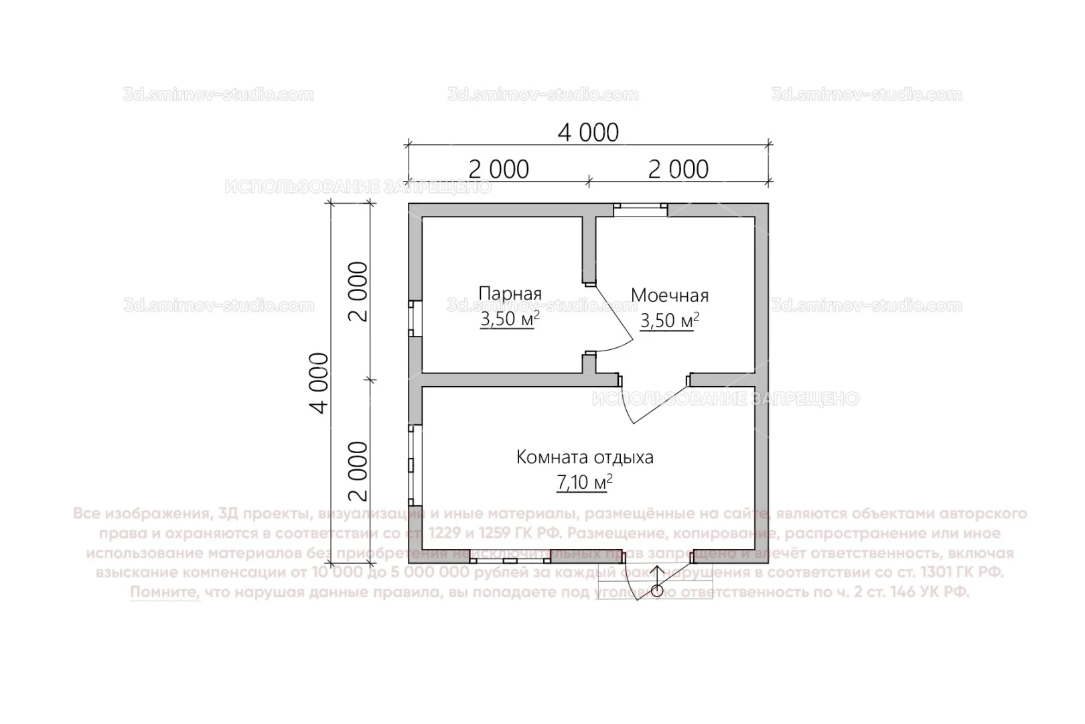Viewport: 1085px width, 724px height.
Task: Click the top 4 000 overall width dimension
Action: [588, 133]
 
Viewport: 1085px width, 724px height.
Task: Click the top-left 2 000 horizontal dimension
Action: [498, 169]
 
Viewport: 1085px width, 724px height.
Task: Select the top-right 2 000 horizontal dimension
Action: [678, 169]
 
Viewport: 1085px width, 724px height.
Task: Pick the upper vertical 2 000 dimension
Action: [360, 291]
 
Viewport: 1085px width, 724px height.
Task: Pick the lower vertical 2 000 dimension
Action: [360, 471]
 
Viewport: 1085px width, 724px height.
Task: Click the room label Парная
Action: [510, 294]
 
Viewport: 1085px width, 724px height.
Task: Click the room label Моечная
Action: [669, 295]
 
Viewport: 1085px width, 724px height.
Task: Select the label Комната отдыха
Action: [585, 457]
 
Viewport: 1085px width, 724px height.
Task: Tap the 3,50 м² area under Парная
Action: [510, 320]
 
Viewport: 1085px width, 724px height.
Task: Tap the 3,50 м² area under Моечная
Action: [669, 321]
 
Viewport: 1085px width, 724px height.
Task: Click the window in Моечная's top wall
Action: [641, 210]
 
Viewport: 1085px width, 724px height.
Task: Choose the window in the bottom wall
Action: [510, 557]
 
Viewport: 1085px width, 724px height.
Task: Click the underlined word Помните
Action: [165, 593]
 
